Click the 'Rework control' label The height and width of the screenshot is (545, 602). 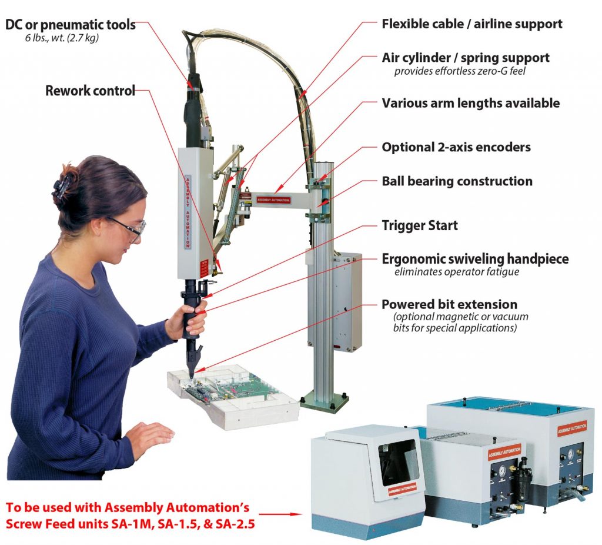[90, 91]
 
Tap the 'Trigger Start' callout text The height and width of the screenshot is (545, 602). [419, 225]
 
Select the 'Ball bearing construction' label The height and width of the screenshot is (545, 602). [457, 181]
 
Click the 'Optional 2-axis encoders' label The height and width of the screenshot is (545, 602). [456, 147]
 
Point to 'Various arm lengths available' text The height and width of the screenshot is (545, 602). [470, 103]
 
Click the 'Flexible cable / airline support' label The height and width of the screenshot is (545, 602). [471, 24]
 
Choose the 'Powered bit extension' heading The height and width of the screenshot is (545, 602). [449, 304]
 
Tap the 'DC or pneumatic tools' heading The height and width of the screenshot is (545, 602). [71, 25]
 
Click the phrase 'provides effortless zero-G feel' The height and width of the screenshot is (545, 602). [459, 71]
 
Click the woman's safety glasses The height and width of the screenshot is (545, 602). [131, 228]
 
